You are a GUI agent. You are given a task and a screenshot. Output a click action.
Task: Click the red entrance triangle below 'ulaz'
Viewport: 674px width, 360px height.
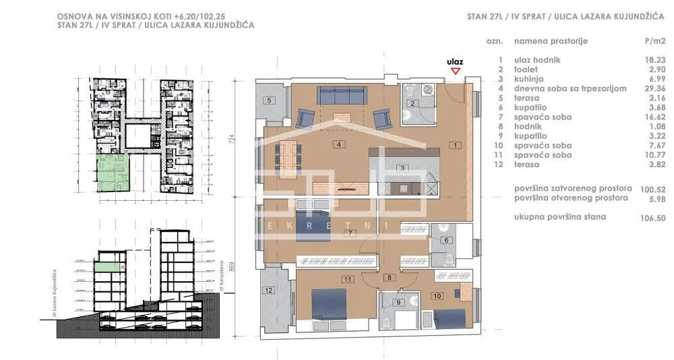click(x=456, y=70)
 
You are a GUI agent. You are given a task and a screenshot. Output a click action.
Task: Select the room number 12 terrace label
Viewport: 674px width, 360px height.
click(x=269, y=291)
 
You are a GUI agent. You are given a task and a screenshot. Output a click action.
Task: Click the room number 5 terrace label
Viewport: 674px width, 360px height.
click(x=269, y=100)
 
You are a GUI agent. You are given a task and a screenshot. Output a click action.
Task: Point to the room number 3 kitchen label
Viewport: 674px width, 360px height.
click(x=402, y=168)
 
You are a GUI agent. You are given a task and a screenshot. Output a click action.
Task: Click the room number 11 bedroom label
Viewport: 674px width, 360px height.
click(x=348, y=278)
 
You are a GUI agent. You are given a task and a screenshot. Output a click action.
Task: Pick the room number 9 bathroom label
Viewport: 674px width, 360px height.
click(x=398, y=303)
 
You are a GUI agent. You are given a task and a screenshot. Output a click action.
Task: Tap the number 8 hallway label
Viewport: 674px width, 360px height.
click(x=388, y=277)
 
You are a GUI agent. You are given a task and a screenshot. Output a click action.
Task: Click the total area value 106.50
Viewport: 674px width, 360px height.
click(x=651, y=217)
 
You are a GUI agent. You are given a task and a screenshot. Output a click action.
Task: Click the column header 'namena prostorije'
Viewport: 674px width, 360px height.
click(x=551, y=41)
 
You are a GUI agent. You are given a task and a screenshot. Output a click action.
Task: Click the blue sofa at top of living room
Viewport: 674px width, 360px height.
click(x=342, y=96)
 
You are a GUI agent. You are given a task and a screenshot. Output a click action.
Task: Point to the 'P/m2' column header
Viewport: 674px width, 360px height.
click(x=654, y=41)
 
